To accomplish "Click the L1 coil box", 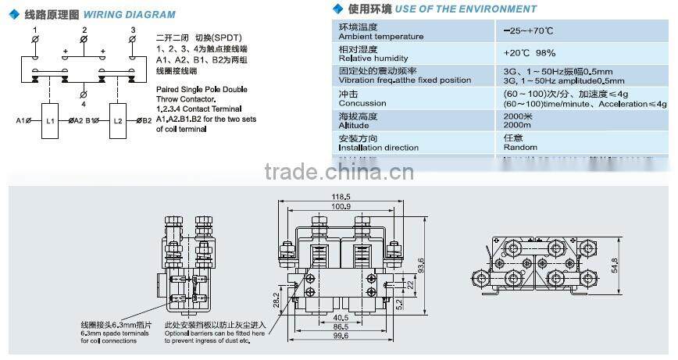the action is click(50, 121).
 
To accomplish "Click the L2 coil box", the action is click(117, 121).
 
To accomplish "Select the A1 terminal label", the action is click(20, 121).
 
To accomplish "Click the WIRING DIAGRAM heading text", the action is click(129, 14).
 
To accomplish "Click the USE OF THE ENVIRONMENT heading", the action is click(466, 9).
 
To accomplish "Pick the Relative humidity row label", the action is click(373, 59).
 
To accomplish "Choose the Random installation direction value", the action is click(520, 147).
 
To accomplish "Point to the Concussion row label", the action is click(362, 103).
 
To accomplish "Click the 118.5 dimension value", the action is click(339, 197).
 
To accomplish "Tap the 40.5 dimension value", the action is click(340, 318).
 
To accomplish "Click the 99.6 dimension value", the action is click(339, 337).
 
